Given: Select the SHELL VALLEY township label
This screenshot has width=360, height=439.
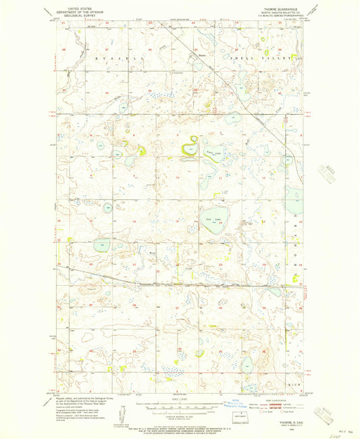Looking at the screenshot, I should (x=271, y=59).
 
